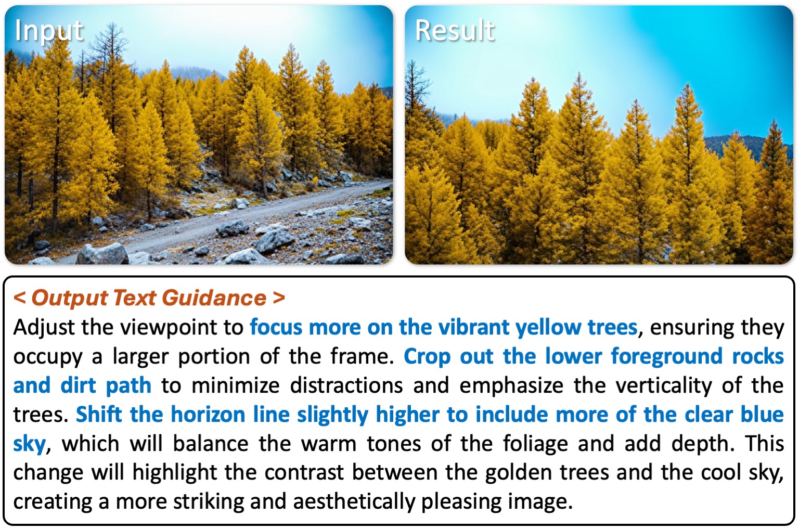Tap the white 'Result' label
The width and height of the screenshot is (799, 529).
[x=455, y=30]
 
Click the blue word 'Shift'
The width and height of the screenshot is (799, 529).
[x=98, y=414]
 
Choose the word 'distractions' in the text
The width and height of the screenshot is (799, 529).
[x=346, y=385]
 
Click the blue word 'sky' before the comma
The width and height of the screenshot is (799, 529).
[x=30, y=444]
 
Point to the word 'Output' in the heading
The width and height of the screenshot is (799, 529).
[x=70, y=298]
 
